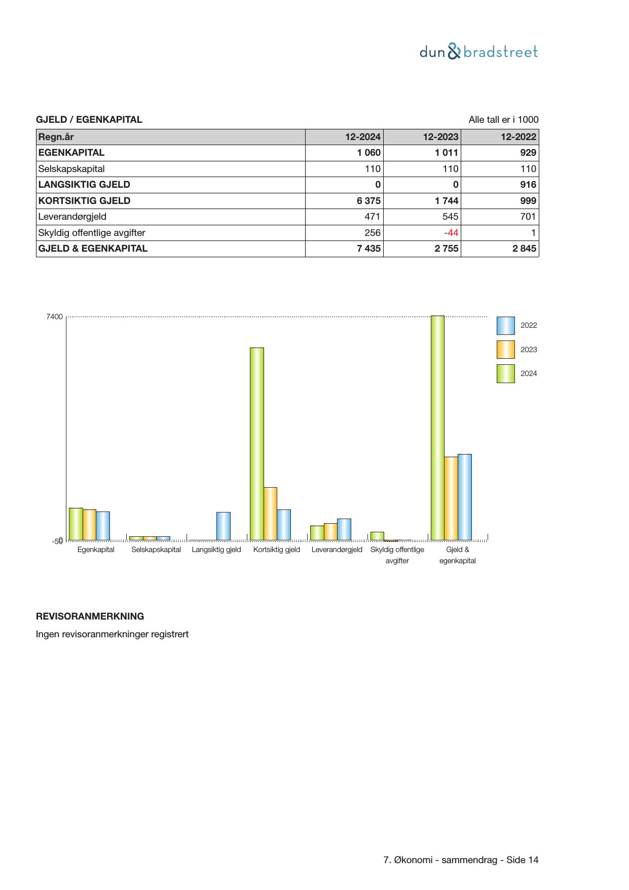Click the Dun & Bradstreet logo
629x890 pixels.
pos(478,52)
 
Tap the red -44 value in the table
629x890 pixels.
pos(451,233)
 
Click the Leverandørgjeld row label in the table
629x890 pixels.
pos(72,217)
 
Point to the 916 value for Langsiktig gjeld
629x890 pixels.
pos(528,185)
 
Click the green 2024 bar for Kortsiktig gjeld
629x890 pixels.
pos(257,443)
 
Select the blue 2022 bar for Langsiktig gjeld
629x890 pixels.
pos(224,526)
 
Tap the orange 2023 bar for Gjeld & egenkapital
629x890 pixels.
pos(451,498)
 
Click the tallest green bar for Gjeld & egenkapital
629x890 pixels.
pos(437,428)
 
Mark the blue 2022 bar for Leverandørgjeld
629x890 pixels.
pos(344,529)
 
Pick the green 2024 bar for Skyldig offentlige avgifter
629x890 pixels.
pos(377,536)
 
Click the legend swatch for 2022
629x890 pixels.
pos(505,326)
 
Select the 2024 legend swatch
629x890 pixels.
pos(505,373)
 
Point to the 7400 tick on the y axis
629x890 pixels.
pos(55,317)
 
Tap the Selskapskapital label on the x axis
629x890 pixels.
pos(156,550)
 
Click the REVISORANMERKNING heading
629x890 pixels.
pos(90,617)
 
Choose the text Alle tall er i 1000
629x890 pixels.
pos(503,120)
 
